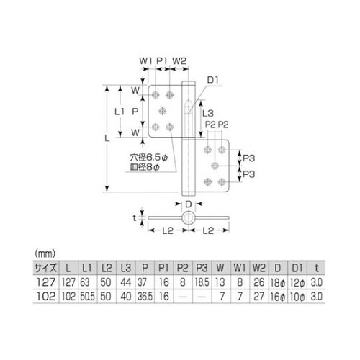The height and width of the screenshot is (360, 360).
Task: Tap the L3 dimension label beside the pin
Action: [207, 113]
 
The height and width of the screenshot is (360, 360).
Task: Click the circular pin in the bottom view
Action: [188, 217]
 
